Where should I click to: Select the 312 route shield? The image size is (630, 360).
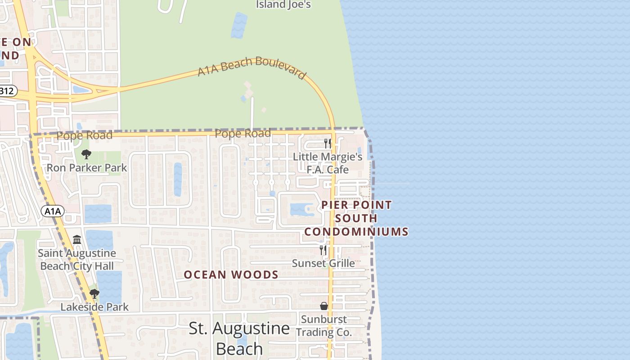click(x=7, y=91)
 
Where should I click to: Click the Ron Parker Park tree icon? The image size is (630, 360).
click(x=86, y=155)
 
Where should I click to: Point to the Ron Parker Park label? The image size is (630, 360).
click(x=87, y=168)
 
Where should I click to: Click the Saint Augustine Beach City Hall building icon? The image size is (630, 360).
click(x=77, y=239)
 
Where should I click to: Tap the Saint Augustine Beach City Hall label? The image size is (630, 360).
click(x=77, y=260)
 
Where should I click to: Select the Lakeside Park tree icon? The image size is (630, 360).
click(x=94, y=294)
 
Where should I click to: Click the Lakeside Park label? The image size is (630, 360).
click(x=94, y=307)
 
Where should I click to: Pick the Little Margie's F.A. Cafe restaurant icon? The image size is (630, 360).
click(x=328, y=144)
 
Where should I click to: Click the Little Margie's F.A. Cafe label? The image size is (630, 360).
click(x=328, y=163)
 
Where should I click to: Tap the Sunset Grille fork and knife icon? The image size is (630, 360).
click(x=323, y=250)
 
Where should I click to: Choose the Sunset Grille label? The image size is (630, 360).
click(x=323, y=263)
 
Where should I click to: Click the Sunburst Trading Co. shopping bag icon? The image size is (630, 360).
click(x=324, y=306)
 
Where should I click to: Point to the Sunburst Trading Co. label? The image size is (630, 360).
click(x=324, y=326)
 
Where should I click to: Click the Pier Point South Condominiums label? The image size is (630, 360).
click(x=356, y=218)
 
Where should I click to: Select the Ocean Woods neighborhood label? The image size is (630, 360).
click(x=231, y=274)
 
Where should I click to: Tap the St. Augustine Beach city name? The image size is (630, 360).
click(x=239, y=338)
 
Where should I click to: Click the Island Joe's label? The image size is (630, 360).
click(x=283, y=4)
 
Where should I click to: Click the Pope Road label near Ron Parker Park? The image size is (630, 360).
click(x=85, y=135)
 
